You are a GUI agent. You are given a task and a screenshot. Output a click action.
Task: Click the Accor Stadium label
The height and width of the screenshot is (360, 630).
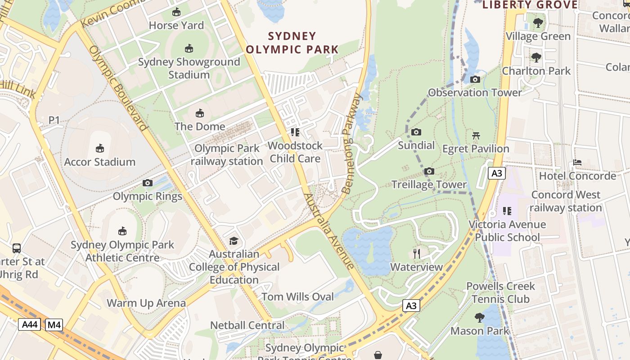(100, 162)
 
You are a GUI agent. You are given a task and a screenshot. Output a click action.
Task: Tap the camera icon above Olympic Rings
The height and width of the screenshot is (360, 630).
(147, 183)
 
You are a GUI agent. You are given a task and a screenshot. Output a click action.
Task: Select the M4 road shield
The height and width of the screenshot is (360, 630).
(54, 325)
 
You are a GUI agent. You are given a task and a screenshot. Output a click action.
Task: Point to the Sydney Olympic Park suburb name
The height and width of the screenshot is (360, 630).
(292, 43)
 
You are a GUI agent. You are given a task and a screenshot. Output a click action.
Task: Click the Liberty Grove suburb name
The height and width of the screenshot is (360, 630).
(530, 5)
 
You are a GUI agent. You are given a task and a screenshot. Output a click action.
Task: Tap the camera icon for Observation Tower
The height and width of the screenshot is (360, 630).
(475, 80)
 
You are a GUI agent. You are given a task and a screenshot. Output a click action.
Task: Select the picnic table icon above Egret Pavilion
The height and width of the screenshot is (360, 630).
(476, 135)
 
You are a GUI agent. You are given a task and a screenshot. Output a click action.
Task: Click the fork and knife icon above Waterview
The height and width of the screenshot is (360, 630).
(417, 254)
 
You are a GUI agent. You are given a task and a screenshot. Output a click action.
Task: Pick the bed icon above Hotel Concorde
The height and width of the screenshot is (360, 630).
(577, 162)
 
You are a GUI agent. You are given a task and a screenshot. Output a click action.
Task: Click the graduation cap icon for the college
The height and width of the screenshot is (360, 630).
(234, 241)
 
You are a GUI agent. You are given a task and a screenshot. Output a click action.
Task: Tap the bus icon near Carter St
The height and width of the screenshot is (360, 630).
(17, 248)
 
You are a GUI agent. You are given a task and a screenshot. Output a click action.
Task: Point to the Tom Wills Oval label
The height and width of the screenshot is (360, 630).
(298, 297)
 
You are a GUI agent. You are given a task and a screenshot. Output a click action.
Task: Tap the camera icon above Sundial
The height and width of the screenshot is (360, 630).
(416, 132)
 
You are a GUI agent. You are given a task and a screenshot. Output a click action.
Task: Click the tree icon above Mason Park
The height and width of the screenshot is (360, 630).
(480, 318)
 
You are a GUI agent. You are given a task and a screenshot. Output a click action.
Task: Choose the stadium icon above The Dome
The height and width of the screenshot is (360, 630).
(199, 113)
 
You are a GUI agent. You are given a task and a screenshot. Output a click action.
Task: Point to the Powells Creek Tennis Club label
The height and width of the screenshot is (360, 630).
(500, 292)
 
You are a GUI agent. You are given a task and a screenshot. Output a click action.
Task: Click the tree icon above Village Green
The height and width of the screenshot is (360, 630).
(538, 23)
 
